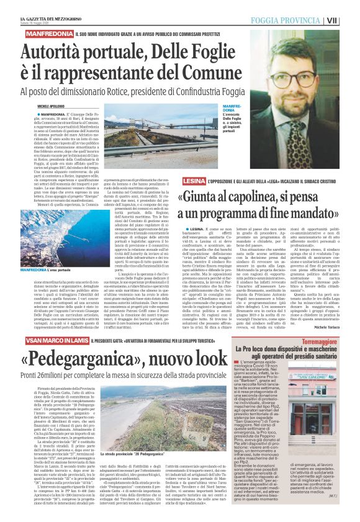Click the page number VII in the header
[350, 20]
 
